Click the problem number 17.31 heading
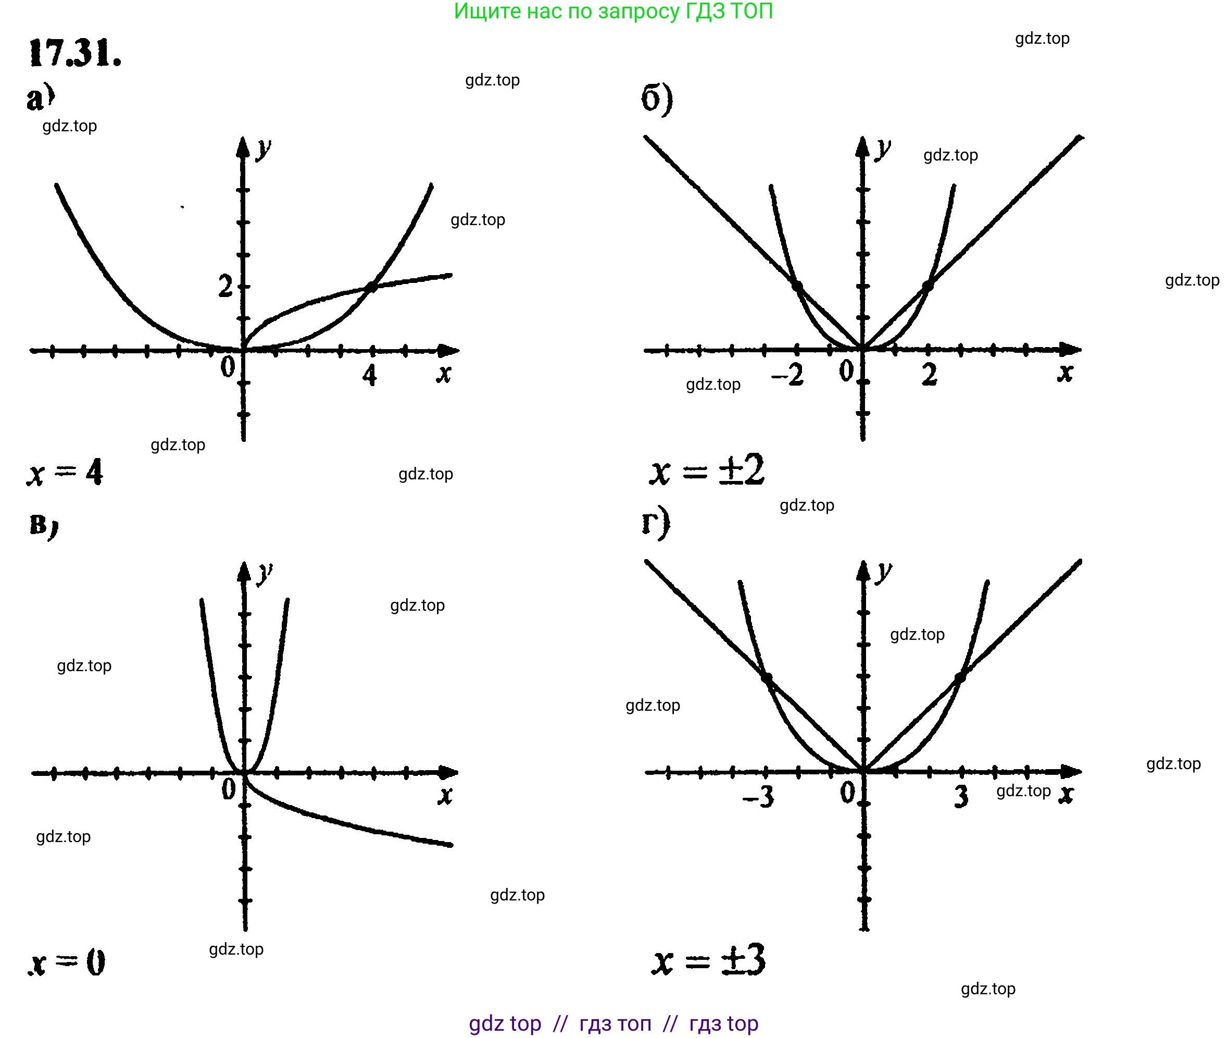click(74, 54)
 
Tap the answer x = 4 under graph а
click(65, 473)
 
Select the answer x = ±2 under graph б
click(707, 471)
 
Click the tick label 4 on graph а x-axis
click(369, 375)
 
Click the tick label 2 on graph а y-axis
click(225, 287)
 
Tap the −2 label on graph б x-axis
click(787, 374)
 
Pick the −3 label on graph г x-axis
click(759, 797)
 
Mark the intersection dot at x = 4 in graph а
click(371, 287)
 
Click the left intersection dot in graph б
click(797, 287)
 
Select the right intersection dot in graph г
click(959, 678)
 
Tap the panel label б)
click(656, 99)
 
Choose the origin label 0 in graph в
click(228, 789)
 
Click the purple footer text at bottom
click(613, 1023)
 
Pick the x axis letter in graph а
click(444, 373)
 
